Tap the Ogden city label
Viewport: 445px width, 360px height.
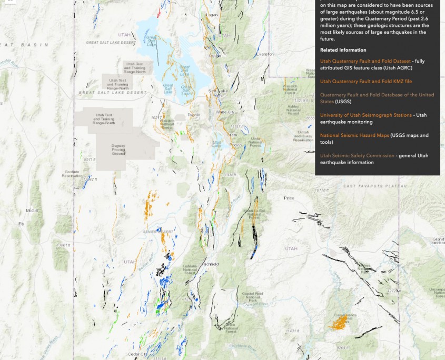pos(215,55)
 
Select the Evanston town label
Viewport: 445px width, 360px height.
pos(265,54)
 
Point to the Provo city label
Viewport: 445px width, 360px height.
pos(235,145)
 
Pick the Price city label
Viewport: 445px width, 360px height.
pos(289,198)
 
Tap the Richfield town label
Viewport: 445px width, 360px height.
pos(210,264)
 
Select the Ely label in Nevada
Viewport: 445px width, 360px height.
pos(22,224)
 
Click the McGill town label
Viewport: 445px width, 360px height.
pos(32,211)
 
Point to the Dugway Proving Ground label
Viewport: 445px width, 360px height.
pos(118,151)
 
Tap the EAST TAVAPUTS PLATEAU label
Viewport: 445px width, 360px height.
pos(375,186)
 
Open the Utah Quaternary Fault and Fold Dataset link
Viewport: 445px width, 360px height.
pos(358,61)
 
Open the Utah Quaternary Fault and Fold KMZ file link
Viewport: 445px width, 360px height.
pos(366,82)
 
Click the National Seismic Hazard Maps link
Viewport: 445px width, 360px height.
pos(354,135)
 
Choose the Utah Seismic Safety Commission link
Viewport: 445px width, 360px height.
pos(357,156)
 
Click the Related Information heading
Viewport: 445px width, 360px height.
pos(343,50)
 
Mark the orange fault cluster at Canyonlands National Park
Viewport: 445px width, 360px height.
pos(337,322)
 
